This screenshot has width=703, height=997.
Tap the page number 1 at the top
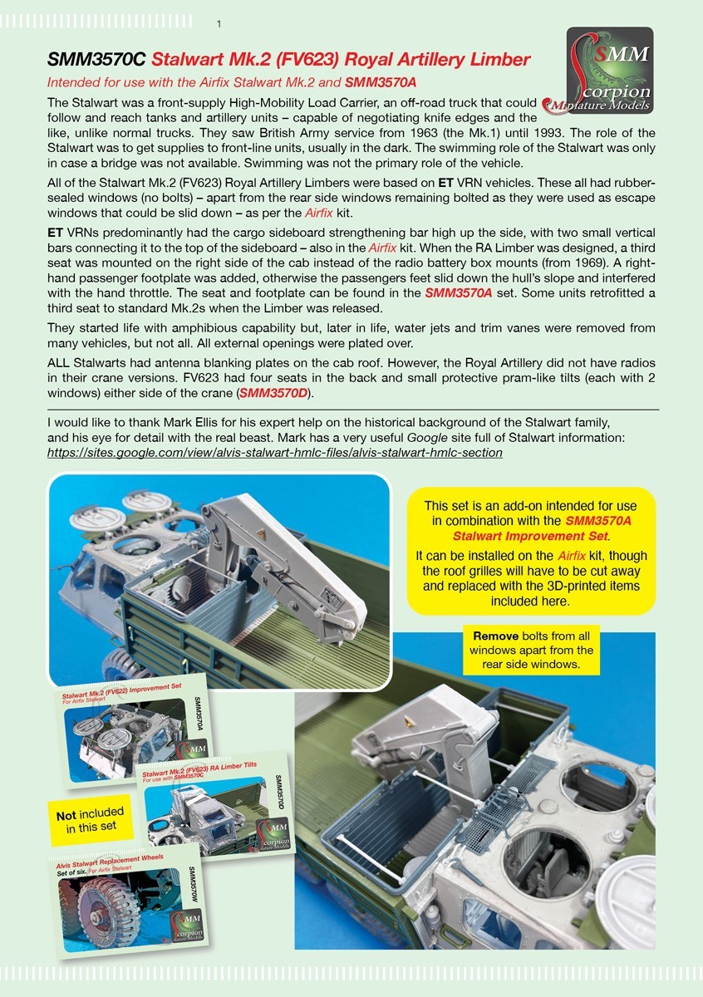[219, 24]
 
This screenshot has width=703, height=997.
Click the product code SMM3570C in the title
[96, 60]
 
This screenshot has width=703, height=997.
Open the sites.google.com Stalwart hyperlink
[275, 453]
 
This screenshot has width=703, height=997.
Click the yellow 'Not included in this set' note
[91, 820]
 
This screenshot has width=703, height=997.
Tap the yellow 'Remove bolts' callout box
[531, 651]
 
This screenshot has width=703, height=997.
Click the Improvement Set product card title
[121, 690]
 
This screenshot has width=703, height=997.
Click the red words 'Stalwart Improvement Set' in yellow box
[530, 536]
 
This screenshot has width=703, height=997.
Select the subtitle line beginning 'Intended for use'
[232, 82]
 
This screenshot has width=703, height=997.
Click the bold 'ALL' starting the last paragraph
[58, 363]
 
